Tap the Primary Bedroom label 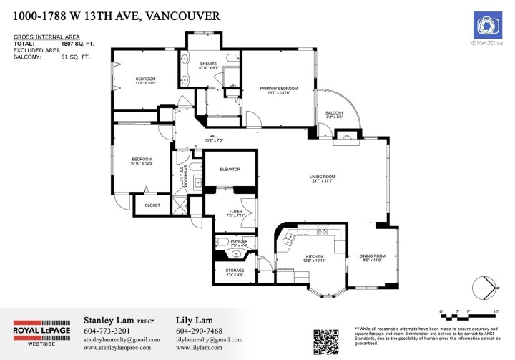(x=278, y=89)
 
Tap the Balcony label (x=334, y=114)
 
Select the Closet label (x=152, y=205)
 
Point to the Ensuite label (x=208, y=64)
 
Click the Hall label (x=213, y=137)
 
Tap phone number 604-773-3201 (x=107, y=330)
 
